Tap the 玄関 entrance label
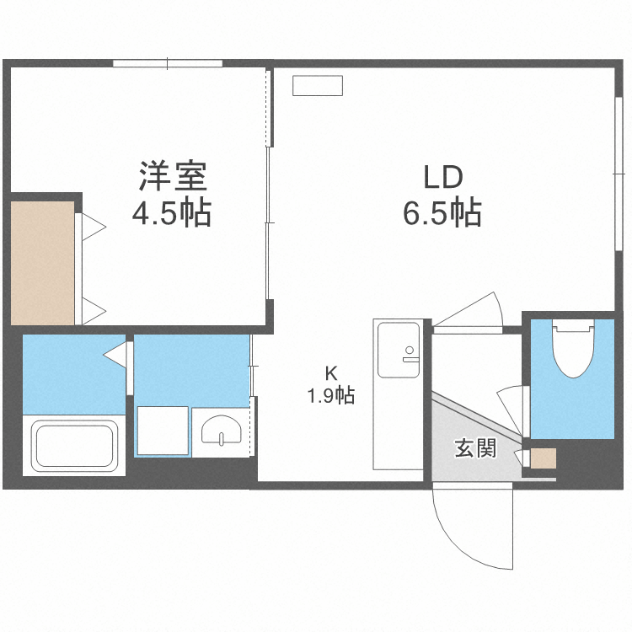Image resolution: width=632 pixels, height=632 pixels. click(x=474, y=448)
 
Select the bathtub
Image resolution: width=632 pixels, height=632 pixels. click(x=73, y=445)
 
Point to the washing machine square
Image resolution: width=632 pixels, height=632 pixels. click(x=163, y=431)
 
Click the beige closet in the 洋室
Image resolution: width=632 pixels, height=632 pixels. click(x=42, y=261)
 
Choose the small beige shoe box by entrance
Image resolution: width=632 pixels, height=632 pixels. click(x=544, y=459)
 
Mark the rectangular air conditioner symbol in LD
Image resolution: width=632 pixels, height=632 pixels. click(x=318, y=85)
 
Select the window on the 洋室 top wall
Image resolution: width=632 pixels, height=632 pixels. click(x=168, y=63)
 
